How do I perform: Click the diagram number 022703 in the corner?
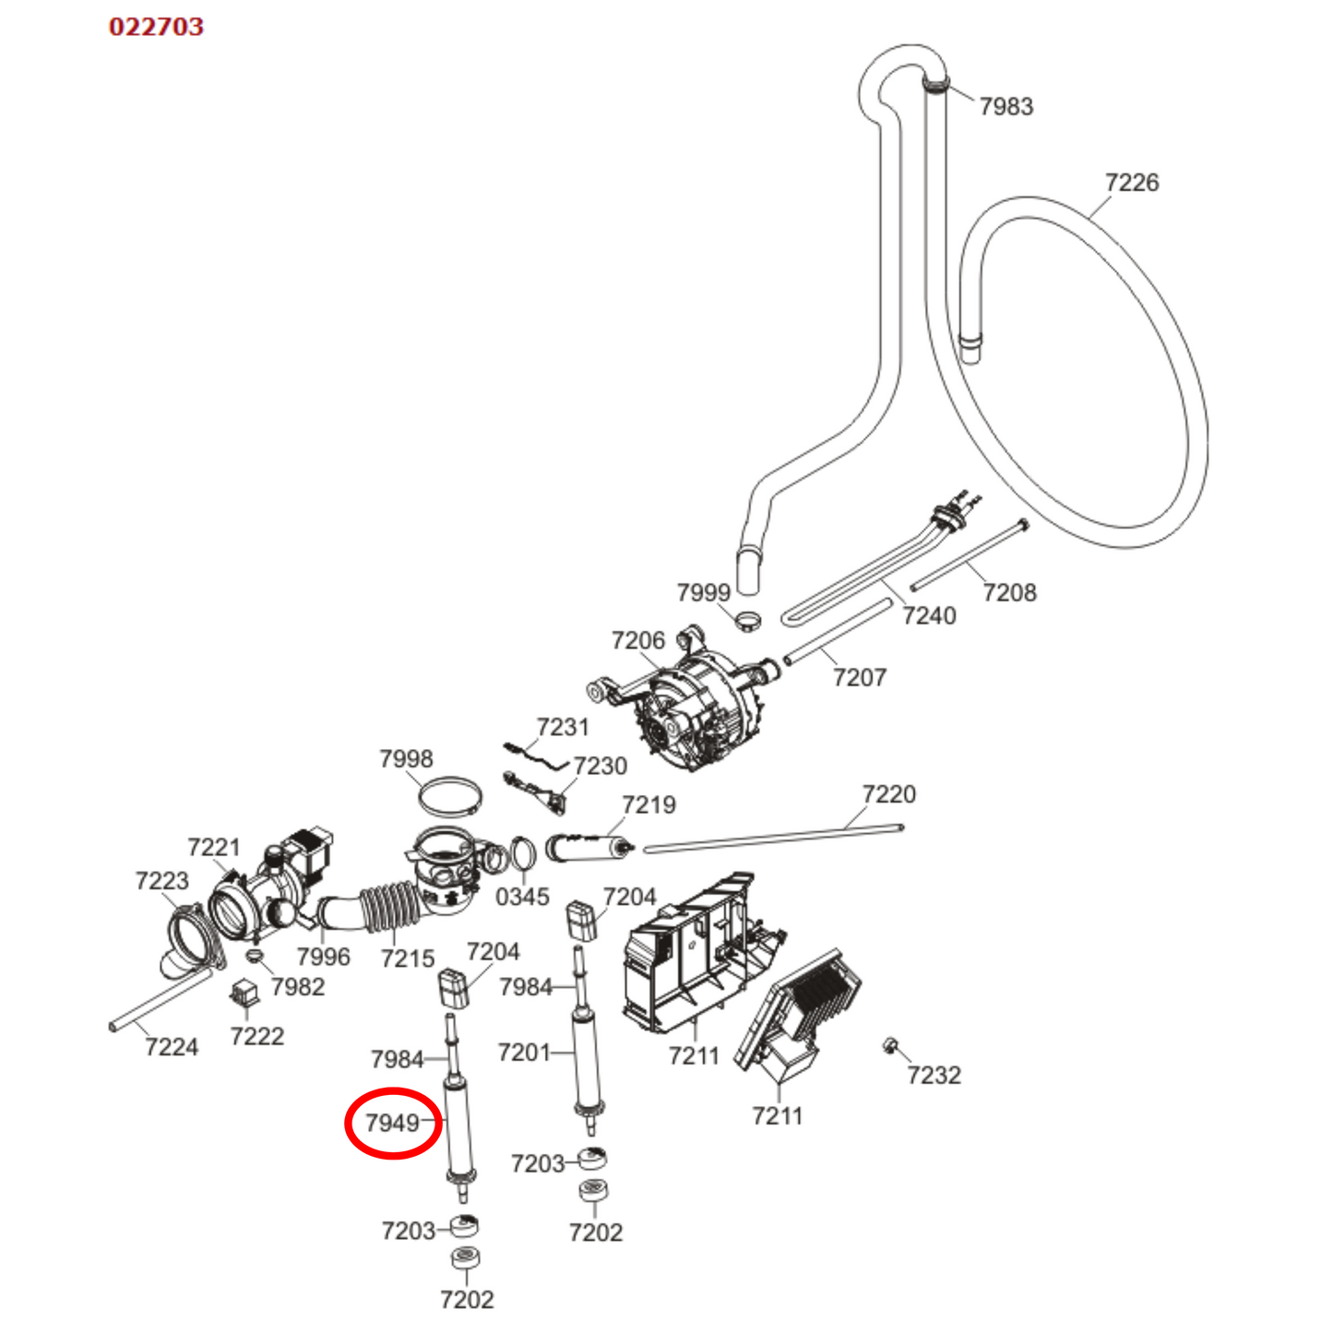(156, 27)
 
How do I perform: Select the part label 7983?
(1006, 107)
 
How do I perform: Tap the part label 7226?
(1131, 183)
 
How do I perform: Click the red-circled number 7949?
(393, 1123)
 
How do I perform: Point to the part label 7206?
(637, 640)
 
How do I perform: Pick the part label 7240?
(929, 615)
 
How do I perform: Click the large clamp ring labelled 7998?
(449, 796)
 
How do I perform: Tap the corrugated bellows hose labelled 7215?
(388, 908)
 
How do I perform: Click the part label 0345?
(522, 897)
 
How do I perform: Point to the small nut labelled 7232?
(891, 1046)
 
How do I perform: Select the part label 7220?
(888, 794)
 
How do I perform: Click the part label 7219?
(649, 805)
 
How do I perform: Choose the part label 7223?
(161, 881)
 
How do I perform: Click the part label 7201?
(523, 1053)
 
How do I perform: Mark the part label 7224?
(172, 1047)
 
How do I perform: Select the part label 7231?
(563, 727)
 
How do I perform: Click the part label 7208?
(1009, 592)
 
